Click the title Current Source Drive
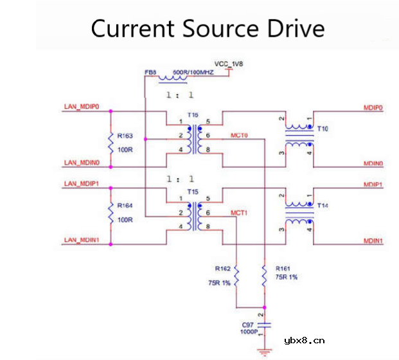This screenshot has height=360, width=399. [207, 29]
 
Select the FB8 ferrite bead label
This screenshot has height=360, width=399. [150, 73]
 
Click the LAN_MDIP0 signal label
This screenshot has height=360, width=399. [81, 106]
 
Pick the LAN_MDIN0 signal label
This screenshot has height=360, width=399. [81, 163]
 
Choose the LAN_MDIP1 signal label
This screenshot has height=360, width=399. [81, 184]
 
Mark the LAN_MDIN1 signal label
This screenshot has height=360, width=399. [81, 240]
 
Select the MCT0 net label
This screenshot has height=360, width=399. [239, 136]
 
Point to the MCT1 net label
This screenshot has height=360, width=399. [239, 212]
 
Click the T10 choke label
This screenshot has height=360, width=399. [323, 129]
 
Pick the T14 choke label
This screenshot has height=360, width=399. [323, 206]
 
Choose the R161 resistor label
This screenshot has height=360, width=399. [283, 267]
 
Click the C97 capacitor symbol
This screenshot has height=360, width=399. [263, 324]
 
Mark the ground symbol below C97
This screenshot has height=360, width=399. [263, 351]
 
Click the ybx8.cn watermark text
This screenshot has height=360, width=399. [304, 341]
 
